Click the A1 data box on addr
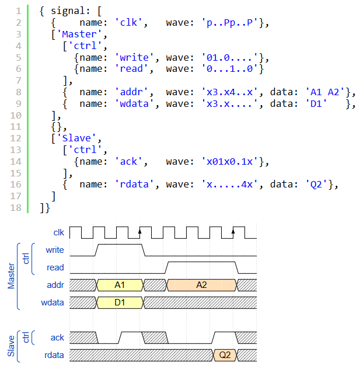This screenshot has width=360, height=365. tap(120, 285)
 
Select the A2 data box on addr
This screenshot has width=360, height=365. tap(201, 285)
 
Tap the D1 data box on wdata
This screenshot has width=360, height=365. tap(120, 303)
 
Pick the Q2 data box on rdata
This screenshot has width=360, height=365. tap(225, 355)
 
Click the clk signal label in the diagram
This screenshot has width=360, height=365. tap(59, 232)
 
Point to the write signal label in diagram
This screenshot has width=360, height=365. tap(55, 250)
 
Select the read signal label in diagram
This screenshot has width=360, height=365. tap(56, 267)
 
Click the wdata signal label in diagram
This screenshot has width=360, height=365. tap(53, 303)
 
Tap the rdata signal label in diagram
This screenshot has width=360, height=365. tap(54, 355)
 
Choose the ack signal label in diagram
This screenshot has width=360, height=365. tap(57, 338)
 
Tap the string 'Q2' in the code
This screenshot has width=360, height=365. tap(316, 185)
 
